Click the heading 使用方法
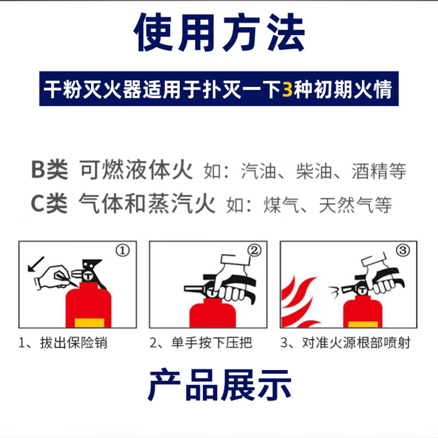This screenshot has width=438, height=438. [219, 34]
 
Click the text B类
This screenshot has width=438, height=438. [49, 171]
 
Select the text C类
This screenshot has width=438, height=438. [49, 204]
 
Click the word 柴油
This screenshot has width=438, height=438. [314, 171]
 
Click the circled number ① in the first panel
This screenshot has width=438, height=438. [123, 251]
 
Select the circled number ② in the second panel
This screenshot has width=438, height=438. [255, 251]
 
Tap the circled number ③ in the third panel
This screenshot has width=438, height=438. [402, 251]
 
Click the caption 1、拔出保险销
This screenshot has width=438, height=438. [63, 343]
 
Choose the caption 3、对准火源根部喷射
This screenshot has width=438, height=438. [345, 343]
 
